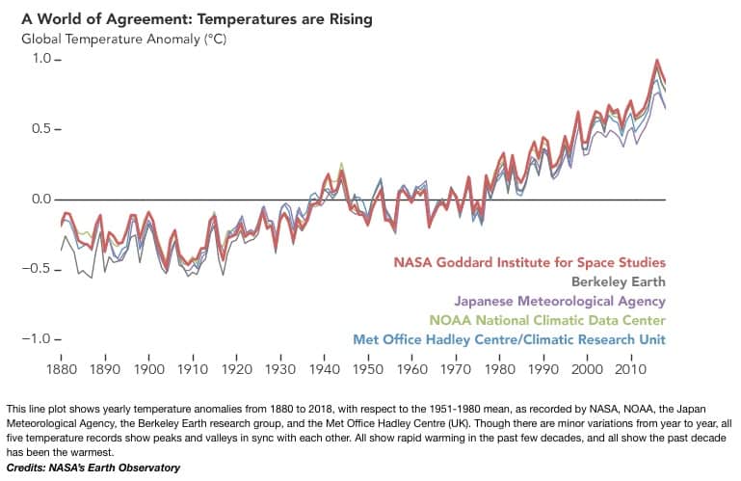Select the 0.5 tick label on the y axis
(x=48, y=129)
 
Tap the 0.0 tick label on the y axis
(x=48, y=200)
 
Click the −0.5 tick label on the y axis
(x=44, y=269)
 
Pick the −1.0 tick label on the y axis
(x=44, y=339)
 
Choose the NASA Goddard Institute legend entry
(x=529, y=262)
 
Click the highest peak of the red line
(x=656, y=60)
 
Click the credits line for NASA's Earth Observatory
(x=93, y=468)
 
